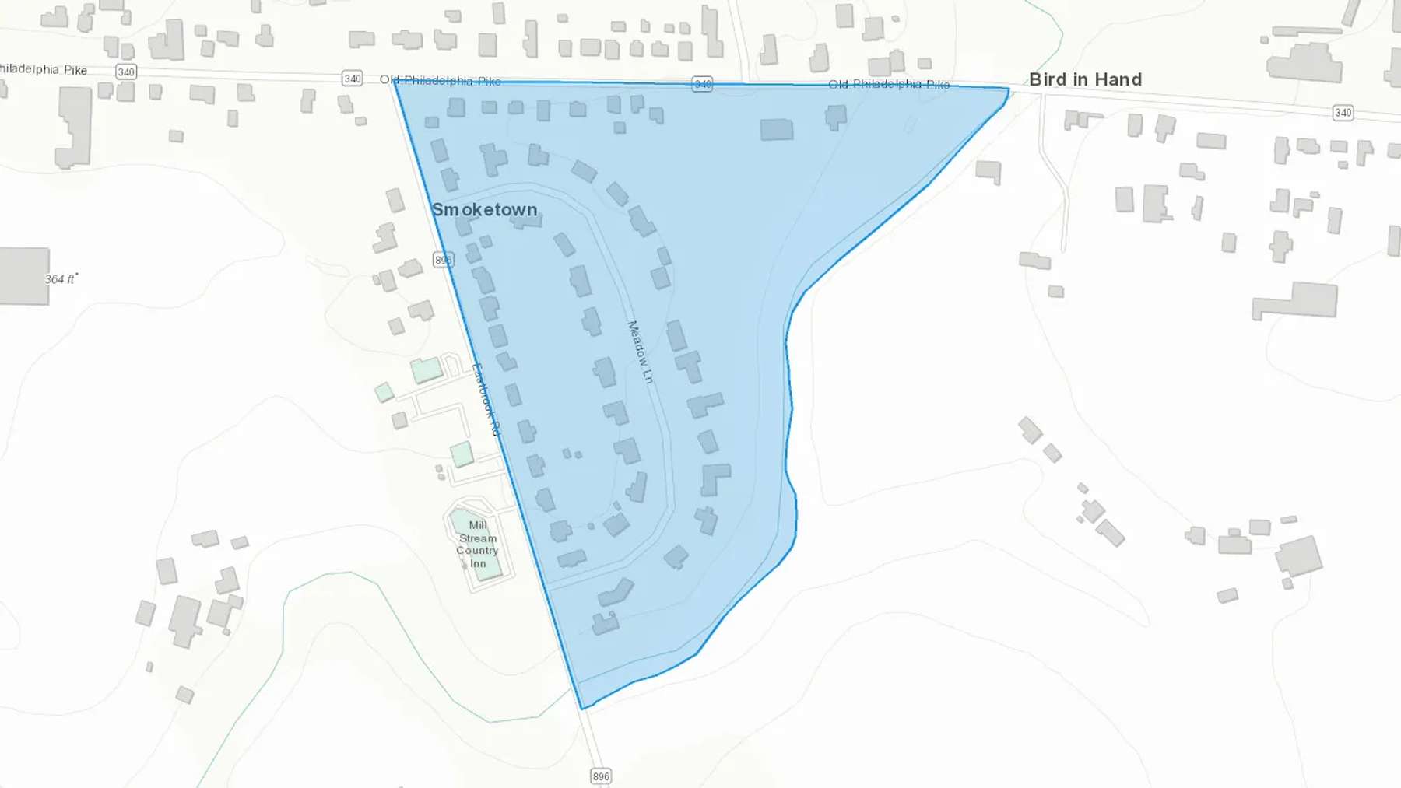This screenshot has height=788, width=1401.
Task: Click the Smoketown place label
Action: point(484,210)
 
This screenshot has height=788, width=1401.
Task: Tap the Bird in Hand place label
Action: point(1085,79)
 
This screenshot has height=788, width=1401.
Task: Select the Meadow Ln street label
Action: point(641,352)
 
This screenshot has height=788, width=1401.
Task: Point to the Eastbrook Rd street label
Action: point(486,400)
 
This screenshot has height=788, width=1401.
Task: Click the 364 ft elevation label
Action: point(60,279)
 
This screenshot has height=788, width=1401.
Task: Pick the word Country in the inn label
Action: point(477,551)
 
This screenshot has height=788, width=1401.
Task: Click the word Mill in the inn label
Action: point(478,525)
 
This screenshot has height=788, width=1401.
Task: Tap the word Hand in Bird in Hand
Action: point(1118,79)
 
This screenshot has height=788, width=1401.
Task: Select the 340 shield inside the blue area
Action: point(702,84)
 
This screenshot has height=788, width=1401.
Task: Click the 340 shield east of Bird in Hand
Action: point(1343,113)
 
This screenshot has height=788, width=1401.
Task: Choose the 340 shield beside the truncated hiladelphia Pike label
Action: point(126,72)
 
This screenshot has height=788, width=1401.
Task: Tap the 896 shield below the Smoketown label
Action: point(443,260)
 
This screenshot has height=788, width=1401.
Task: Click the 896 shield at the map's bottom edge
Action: point(601,776)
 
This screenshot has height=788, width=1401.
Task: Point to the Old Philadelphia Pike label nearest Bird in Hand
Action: point(889,84)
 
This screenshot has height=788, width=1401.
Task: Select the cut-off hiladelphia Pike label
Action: point(44,69)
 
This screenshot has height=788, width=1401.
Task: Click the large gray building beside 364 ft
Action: point(23,275)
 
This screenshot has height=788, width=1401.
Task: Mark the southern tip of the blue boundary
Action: point(582,709)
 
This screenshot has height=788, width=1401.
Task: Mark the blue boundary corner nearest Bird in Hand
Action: point(1009,89)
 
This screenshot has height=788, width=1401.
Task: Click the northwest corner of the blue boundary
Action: point(395,81)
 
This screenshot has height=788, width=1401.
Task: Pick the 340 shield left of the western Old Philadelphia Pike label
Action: point(353,79)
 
